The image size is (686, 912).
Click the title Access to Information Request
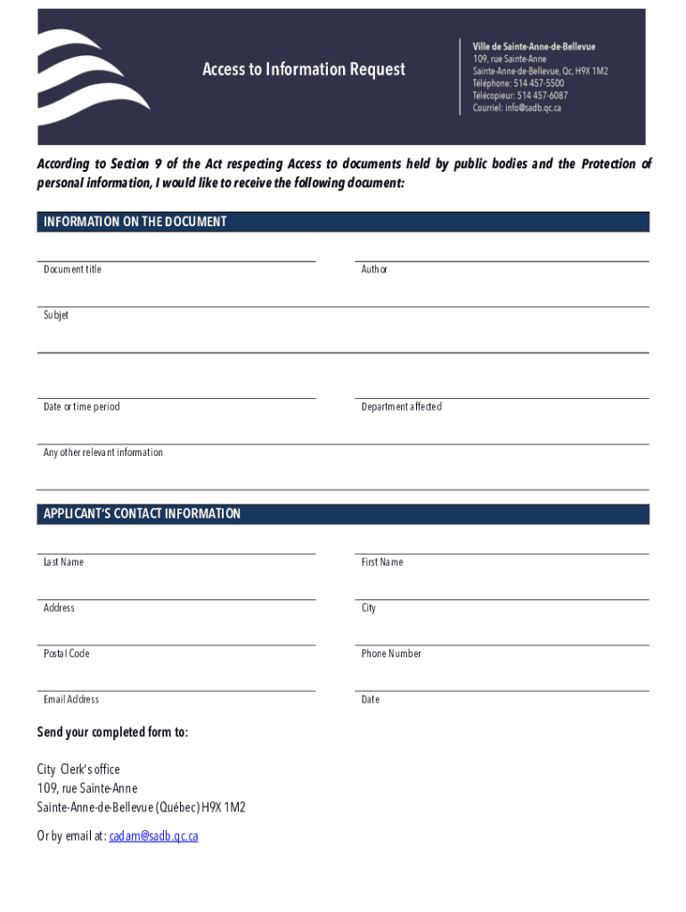tap(304, 69)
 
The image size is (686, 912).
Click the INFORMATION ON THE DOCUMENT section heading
tap(135, 222)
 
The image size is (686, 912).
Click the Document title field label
tap(72, 269)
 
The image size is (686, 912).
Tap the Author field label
tap(374, 269)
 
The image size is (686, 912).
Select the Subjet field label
tap(56, 315)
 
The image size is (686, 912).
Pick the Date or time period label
tap(81, 407)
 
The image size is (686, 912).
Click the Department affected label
tap(401, 407)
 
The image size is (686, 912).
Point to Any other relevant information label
tap(103, 452)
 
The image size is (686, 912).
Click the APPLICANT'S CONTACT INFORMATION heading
tap(143, 514)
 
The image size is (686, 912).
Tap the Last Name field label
tap(63, 562)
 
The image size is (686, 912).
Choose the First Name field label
tap(382, 562)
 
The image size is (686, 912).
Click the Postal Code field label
tap(67, 654)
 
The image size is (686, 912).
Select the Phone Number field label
tap(391, 654)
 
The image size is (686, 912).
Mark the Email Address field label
tap(71, 699)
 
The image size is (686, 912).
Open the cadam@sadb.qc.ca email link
tap(153, 836)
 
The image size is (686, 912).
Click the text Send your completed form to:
tap(112, 732)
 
